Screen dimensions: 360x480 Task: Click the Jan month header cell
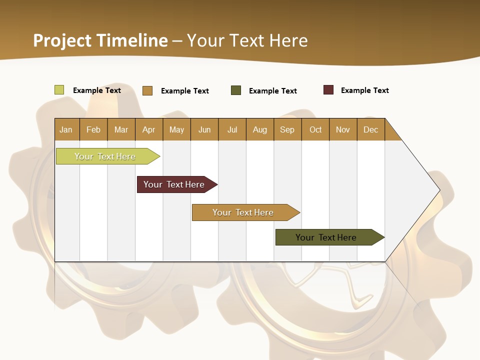click(66, 129)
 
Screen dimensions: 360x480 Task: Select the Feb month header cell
click(93, 129)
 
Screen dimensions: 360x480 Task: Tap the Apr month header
click(149, 129)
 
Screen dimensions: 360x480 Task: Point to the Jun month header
click(204, 129)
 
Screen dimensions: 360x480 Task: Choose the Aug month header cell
click(260, 129)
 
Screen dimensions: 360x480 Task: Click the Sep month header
click(287, 129)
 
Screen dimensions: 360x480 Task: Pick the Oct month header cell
click(315, 129)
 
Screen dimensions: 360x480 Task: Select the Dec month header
click(371, 129)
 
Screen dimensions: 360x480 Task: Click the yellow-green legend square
click(59, 90)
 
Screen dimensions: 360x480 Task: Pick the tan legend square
click(147, 90)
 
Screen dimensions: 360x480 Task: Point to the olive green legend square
click(236, 90)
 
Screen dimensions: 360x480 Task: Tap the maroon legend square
click(328, 90)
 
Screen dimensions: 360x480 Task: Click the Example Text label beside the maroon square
click(364, 90)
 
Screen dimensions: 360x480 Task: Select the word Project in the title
click(62, 40)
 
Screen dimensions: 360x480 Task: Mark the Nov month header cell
click(343, 129)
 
